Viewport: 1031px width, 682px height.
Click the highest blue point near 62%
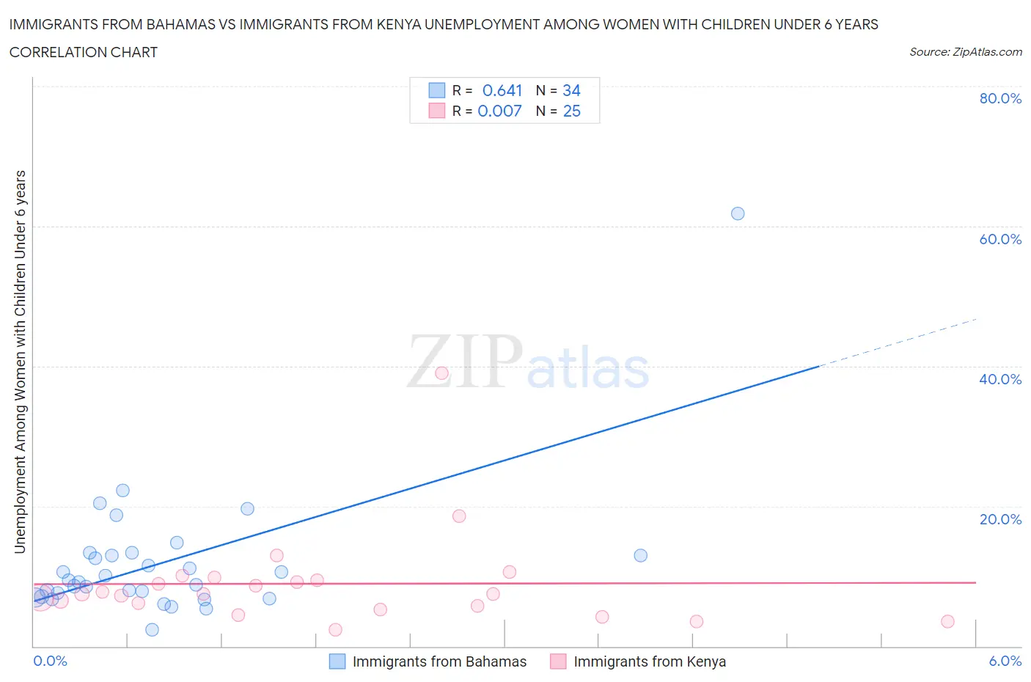pyautogui.click(x=738, y=213)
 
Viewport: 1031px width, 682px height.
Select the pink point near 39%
pyautogui.click(x=441, y=373)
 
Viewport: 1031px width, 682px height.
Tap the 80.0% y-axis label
pyautogui.click(x=1000, y=98)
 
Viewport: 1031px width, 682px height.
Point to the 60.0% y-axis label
pyautogui.click(x=1000, y=239)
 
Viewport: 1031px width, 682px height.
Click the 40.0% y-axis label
pyautogui.click(x=1000, y=379)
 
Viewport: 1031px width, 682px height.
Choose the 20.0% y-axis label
pyautogui.click(x=1000, y=519)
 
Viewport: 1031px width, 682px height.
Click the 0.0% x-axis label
pyautogui.click(x=51, y=661)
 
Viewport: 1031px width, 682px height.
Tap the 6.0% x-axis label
pyautogui.click(x=1005, y=661)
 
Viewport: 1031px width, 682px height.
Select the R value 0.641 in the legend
pyautogui.click(x=502, y=90)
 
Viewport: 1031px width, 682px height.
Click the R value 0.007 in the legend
pyautogui.click(x=499, y=111)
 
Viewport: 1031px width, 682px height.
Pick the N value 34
pyautogui.click(x=571, y=90)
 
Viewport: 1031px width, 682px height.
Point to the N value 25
pyautogui.click(x=571, y=111)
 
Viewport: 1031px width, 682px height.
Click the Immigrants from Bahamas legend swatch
pyautogui.click(x=337, y=661)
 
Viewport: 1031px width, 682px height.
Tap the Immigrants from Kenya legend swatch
pyautogui.click(x=558, y=661)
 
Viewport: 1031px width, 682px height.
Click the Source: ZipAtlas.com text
pyautogui.click(x=965, y=51)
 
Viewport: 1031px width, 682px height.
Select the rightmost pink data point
pyautogui.click(x=947, y=621)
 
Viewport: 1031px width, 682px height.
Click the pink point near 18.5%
pyautogui.click(x=459, y=516)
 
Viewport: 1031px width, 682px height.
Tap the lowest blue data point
pyautogui.click(x=152, y=629)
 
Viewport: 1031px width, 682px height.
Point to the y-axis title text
pyautogui.click(x=20, y=362)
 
